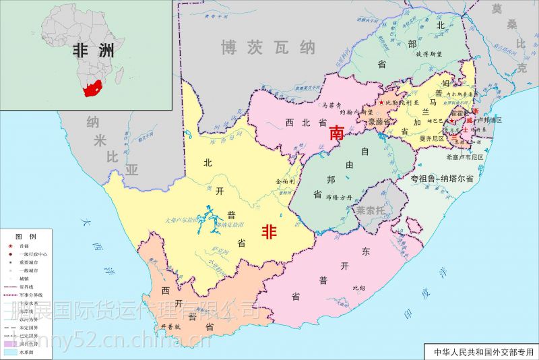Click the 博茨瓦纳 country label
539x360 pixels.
click(x=267, y=47)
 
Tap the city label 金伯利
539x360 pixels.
click(x=286, y=181)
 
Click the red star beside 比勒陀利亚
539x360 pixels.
click(x=381, y=102)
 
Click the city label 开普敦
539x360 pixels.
click(x=172, y=327)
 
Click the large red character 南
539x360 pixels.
click(x=336, y=133)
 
